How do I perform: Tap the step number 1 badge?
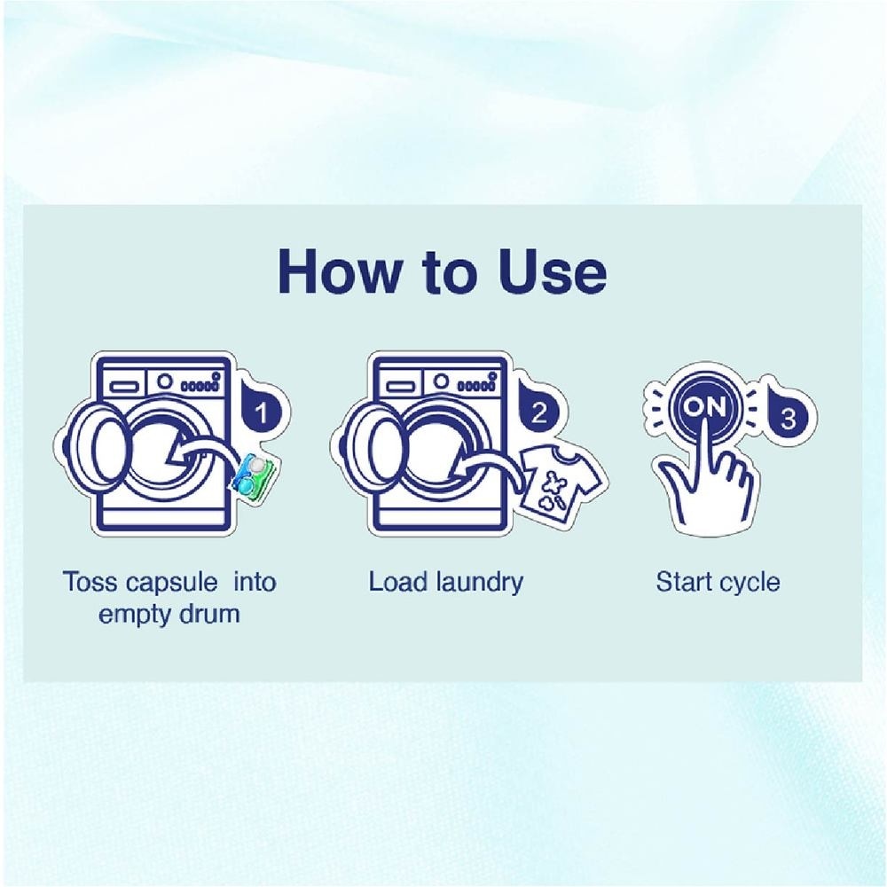pos(261,409)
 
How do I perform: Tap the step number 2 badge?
pos(538,409)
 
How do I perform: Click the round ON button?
pos(704,407)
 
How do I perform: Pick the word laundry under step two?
pos(480,583)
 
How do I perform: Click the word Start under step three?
pos(684,582)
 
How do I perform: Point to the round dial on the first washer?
pos(165,381)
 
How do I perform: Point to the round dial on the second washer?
pos(442,381)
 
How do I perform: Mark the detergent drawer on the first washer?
pos(123,387)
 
